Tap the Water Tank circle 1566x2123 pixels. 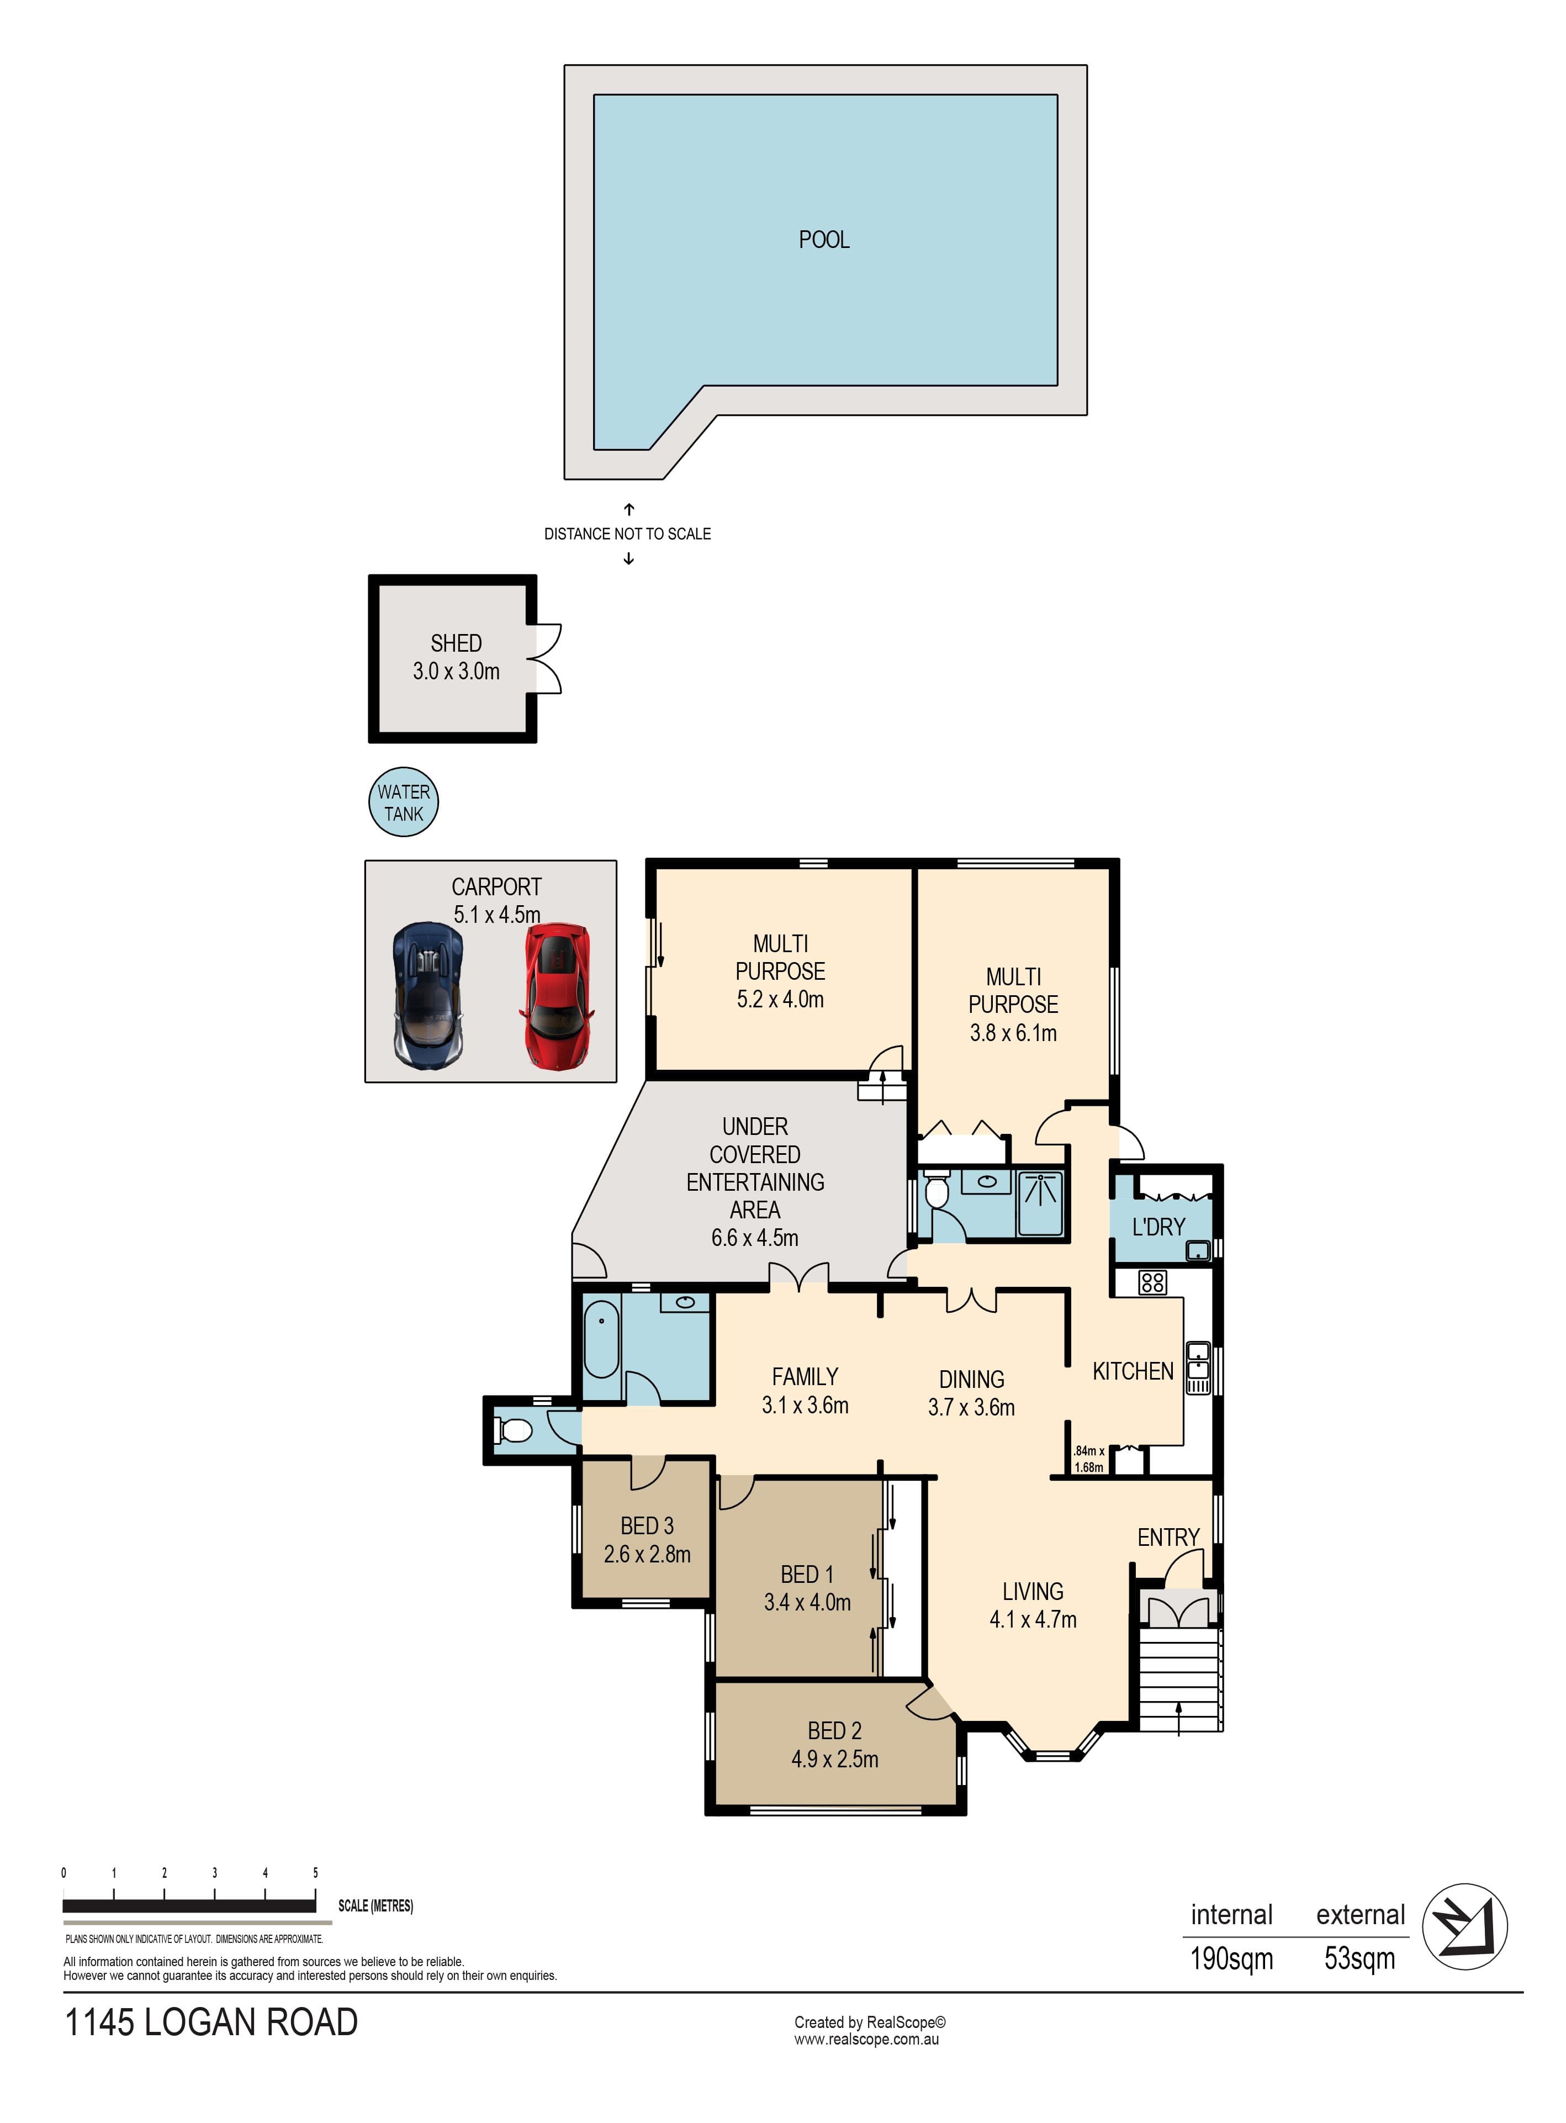click(404, 802)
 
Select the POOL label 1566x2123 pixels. click(824, 240)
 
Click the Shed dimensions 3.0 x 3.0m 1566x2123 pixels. click(456, 672)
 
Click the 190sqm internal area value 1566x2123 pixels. click(1231, 1959)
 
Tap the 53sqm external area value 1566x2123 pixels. click(1359, 1959)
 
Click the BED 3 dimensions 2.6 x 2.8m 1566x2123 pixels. click(648, 1554)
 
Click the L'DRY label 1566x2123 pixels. click(1158, 1227)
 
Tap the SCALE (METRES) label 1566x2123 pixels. click(375, 1906)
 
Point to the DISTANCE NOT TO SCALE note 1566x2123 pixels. click(627, 534)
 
